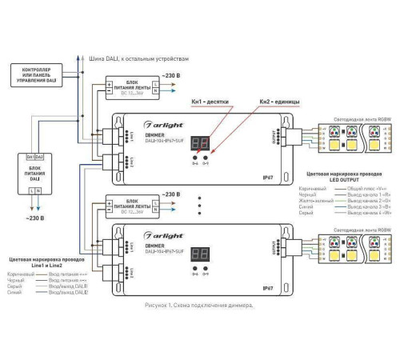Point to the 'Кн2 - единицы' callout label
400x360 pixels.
tap(278, 103)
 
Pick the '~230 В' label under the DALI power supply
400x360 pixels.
tap(34, 218)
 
